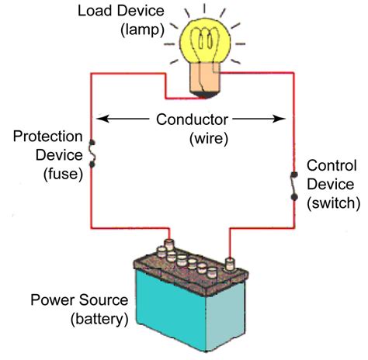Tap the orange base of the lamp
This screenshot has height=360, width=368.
click(204, 79)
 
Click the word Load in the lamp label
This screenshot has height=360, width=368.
click(94, 11)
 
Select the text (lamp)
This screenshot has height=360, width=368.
click(142, 30)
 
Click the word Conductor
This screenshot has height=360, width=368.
click(192, 119)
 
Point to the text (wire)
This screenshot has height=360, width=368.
click(209, 138)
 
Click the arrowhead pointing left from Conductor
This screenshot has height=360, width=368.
click(102, 119)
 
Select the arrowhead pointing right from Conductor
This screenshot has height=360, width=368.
click(279, 119)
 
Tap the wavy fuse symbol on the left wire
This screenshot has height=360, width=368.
click(92, 154)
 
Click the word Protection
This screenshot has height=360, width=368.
click(47, 137)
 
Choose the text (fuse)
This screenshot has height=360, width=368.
click(63, 174)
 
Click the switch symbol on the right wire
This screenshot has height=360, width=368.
click(294, 185)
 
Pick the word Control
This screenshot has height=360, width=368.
click(332, 165)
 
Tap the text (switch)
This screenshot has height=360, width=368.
click(333, 203)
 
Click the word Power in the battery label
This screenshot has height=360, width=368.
click(54, 300)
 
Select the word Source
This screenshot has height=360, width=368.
click(103, 300)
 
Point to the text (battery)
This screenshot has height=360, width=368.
click(99, 319)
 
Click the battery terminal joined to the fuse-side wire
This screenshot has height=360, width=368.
click(169, 244)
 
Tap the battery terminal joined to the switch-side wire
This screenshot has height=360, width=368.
click(230, 264)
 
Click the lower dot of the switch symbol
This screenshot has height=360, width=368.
click(294, 197)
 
